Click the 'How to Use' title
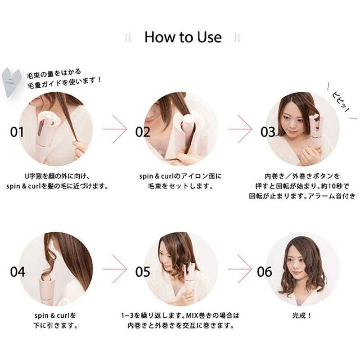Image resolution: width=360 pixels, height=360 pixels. point(183,37)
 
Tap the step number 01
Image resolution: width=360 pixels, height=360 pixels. point(17,132)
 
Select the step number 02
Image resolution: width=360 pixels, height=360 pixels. point(143,132)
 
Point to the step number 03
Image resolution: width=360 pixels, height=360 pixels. point(268,132)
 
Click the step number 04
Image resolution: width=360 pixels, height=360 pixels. point(18,271)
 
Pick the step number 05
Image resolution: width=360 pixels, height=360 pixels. point(143,271)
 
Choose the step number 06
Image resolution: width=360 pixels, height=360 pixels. point(265,271)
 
